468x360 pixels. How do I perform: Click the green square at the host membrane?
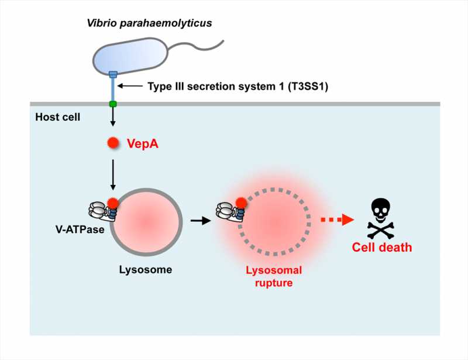[x=113, y=104]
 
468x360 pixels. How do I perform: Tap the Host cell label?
[x=57, y=118]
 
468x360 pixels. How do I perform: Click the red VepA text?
[x=143, y=142]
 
